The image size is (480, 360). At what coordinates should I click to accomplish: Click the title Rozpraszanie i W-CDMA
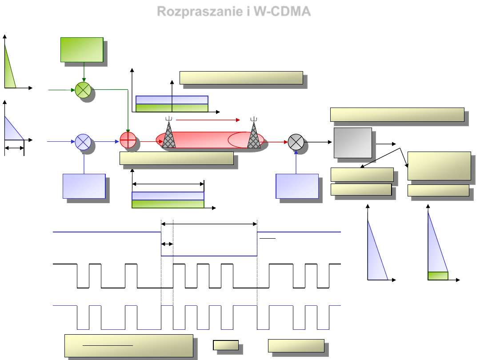click(x=234, y=12)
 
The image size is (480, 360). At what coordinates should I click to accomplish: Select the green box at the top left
click(x=82, y=50)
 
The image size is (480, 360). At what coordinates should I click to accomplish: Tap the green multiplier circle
click(x=83, y=90)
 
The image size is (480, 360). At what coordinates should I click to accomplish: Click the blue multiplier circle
click(x=83, y=142)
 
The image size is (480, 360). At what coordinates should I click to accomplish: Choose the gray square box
click(x=353, y=143)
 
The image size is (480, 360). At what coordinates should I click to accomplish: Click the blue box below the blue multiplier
click(x=84, y=186)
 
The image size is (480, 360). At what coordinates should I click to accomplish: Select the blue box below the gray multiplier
click(x=297, y=186)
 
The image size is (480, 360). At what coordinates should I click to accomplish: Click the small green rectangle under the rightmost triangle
click(x=438, y=276)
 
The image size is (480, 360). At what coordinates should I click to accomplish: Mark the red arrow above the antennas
click(x=208, y=120)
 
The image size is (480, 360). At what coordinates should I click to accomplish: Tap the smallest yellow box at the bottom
click(x=226, y=345)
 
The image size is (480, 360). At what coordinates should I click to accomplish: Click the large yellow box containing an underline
click(x=129, y=345)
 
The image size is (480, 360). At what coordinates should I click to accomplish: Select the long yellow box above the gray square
click(x=397, y=114)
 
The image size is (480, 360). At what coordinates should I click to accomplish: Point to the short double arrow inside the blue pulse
click(x=167, y=244)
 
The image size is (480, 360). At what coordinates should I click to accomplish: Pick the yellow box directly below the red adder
click(x=177, y=158)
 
